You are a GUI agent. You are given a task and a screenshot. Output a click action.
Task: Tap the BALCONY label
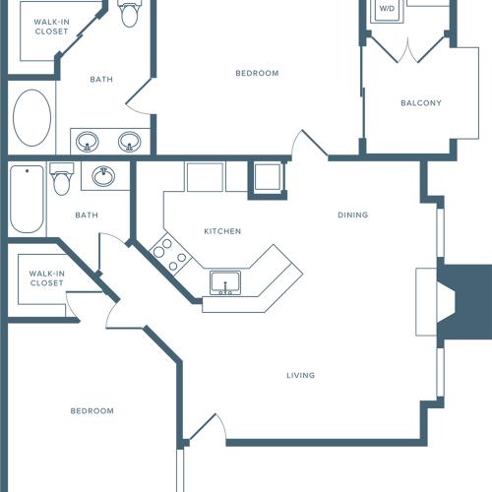[x=420, y=103]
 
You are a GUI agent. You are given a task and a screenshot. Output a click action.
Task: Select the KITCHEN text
[x=222, y=231]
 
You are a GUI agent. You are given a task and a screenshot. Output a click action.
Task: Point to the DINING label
[x=352, y=215]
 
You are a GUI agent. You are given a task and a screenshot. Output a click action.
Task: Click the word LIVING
[x=300, y=375]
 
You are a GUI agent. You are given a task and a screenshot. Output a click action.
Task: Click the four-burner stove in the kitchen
[x=169, y=253]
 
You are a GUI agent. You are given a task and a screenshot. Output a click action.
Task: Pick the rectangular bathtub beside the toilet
[x=26, y=200]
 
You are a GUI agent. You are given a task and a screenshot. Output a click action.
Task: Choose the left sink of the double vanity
[x=88, y=142]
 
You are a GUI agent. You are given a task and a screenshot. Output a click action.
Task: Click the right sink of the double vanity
[x=129, y=142]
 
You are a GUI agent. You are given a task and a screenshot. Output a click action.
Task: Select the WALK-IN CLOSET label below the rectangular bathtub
[x=46, y=278]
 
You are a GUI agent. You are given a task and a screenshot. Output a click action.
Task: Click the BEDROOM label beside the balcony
[x=257, y=73]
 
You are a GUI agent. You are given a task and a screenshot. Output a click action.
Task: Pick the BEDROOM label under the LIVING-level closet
[x=92, y=410]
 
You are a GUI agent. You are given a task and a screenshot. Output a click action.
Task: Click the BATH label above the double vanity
[x=101, y=80]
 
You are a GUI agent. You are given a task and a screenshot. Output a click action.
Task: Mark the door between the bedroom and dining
[x=309, y=145]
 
